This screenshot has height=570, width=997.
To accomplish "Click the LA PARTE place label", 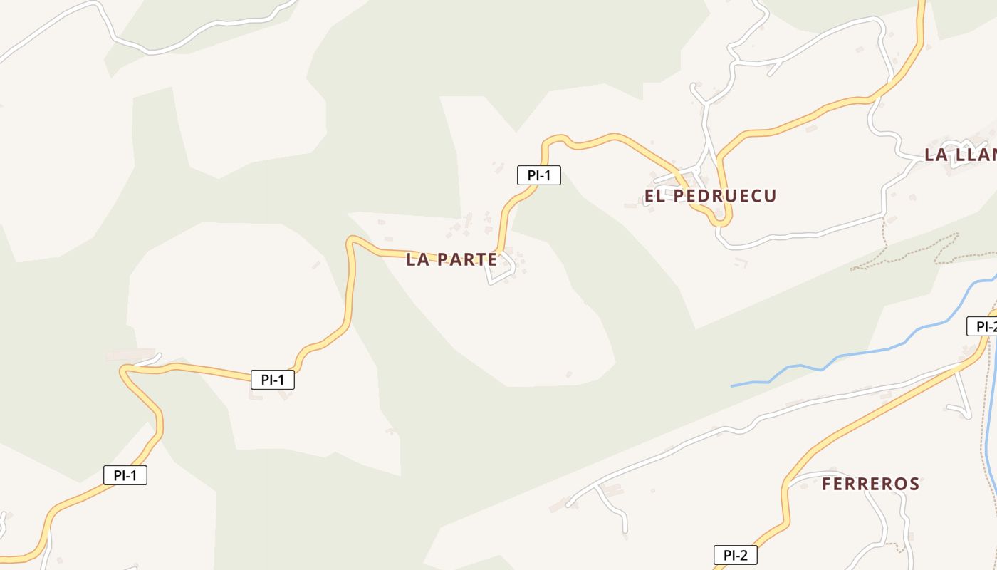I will [x=451, y=259].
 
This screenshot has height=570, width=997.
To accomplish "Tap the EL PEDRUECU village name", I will [x=710, y=196].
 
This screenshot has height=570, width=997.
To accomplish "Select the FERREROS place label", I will [x=870, y=484].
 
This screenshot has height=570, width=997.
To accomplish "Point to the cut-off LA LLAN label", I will [x=960, y=155].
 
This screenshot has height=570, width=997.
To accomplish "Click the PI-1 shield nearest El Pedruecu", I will [x=538, y=175].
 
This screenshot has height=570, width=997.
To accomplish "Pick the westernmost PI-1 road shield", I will [x=125, y=476].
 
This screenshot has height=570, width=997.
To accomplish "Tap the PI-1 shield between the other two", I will [x=272, y=380].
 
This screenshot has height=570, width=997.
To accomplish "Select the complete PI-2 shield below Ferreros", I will [x=735, y=556].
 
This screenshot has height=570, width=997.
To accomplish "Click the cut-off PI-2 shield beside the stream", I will [x=983, y=327].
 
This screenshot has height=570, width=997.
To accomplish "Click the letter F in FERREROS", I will [x=828, y=484].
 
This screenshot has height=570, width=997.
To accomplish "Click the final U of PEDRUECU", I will [x=770, y=196].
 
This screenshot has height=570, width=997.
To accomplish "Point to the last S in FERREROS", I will [x=914, y=484].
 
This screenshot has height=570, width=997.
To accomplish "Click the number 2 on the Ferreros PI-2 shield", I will [x=745, y=556].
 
